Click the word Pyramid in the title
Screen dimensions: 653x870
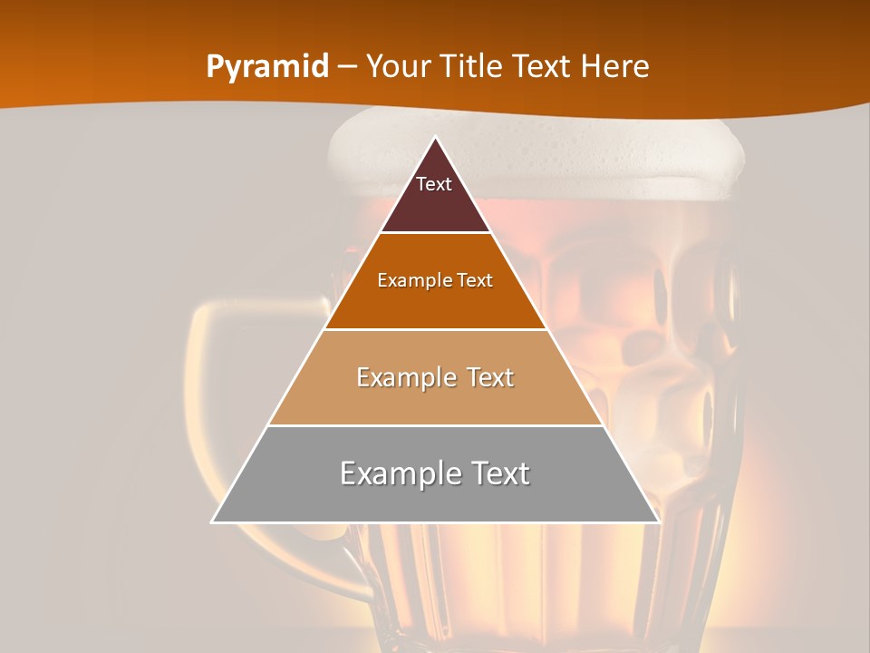(266, 67)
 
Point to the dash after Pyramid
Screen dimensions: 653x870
(346, 67)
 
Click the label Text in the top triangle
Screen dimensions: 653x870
(434, 184)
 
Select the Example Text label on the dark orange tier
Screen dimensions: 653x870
(435, 280)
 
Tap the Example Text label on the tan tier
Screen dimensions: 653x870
(435, 377)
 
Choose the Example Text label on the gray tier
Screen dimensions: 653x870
(435, 473)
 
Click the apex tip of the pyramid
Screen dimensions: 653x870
(435, 138)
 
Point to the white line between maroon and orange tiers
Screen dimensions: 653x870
(435, 233)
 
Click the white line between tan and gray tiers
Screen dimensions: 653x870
(435, 425)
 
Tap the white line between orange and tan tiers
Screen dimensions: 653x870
(435, 329)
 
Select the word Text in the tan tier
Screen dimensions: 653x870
(489, 377)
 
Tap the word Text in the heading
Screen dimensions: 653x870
(542, 66)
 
